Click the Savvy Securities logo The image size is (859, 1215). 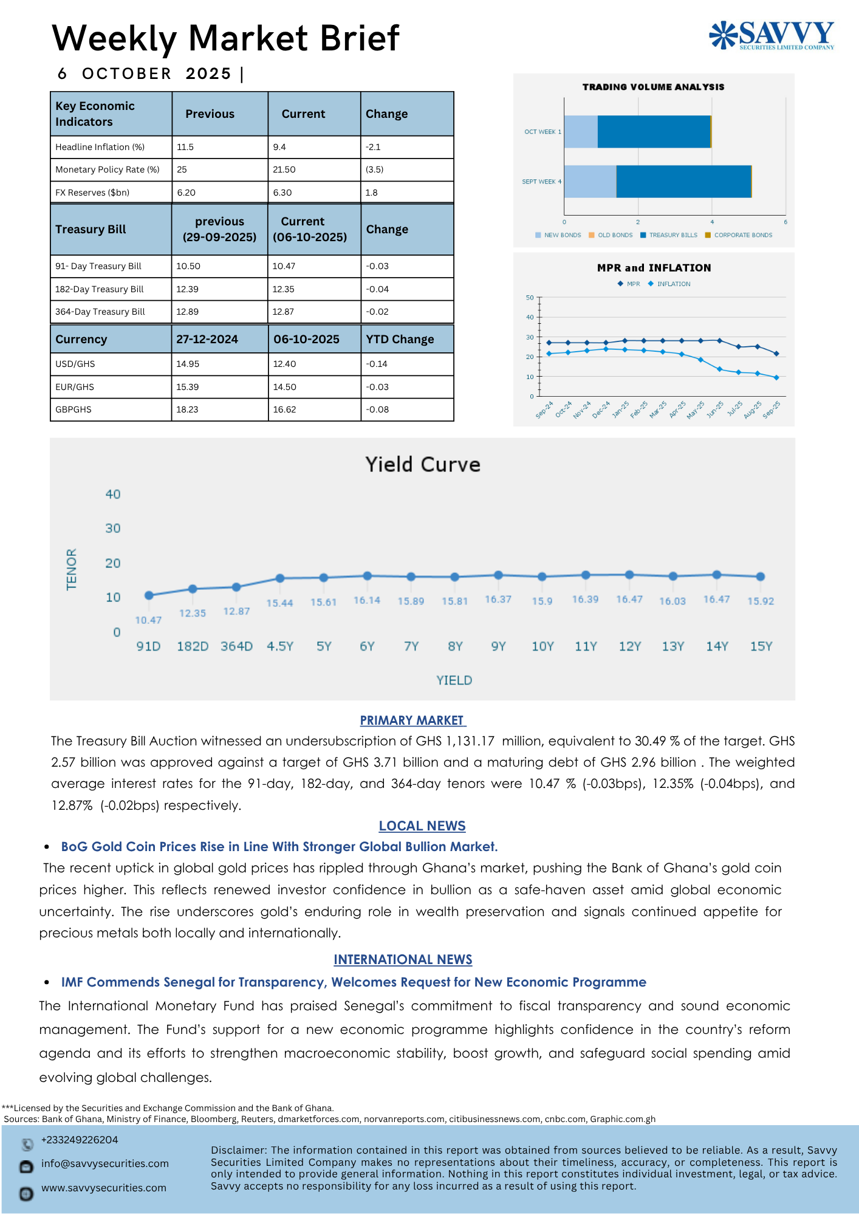[772, 35]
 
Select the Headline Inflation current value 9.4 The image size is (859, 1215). [279, 147]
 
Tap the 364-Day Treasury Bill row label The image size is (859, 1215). [100, 312]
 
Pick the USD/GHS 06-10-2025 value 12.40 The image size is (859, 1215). [284, 364]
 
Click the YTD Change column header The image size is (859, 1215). [400, 339]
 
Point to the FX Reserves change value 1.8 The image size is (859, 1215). [372, 193]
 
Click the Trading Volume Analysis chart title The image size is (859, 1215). [653, 87]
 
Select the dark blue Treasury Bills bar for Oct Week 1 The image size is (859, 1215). [654, 132]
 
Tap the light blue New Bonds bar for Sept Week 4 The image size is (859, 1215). [590, 182]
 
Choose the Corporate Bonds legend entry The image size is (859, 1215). [742, 235]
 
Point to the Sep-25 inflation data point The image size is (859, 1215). [776, 378]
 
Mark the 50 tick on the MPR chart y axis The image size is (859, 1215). [530, 298]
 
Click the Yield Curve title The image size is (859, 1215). [423, 465]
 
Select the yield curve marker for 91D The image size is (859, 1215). [149, 595]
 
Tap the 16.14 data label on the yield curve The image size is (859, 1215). [367, 600]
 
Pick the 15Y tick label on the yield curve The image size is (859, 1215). [761, 646]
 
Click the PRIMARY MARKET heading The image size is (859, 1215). [412, 720]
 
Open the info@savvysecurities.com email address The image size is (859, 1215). [105, 1164]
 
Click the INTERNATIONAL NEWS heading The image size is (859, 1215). [403, 960]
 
